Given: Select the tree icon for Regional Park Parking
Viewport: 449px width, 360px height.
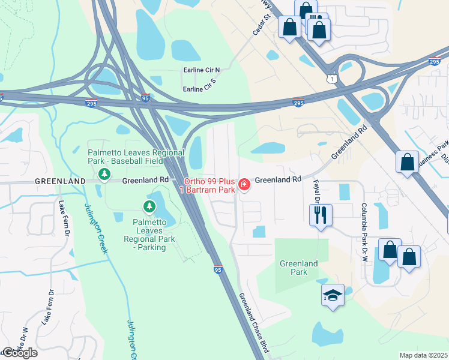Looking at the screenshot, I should click(149, 207).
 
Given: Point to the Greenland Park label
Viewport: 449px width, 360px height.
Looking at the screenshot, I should click(298, 268).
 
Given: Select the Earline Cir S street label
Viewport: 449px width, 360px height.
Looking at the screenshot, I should click(199, 88).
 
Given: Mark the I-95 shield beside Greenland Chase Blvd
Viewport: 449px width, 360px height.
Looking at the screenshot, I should click(217, 270).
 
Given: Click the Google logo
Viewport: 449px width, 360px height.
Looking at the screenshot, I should click(20, 353).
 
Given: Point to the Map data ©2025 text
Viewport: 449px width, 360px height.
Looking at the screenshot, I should click(423, 355).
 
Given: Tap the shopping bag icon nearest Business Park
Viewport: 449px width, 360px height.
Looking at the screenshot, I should click(406, 162).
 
